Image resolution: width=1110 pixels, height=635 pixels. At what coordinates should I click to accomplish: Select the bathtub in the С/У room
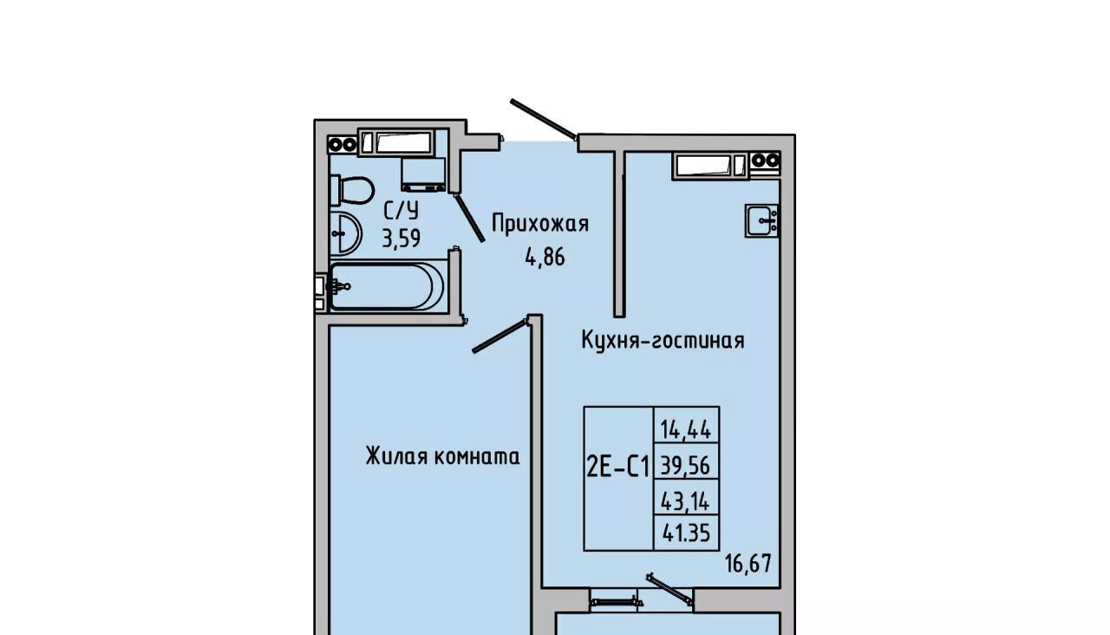pyautogui.click(x=387, y=286)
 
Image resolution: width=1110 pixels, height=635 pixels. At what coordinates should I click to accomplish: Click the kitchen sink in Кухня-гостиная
pyautogui.click(x=761, y=220)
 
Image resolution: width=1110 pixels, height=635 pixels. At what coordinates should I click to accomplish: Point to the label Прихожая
pyautogui.click(x=540, y=224)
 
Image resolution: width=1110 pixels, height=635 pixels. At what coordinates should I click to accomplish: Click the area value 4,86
pyautogui.click(x=545, y=258)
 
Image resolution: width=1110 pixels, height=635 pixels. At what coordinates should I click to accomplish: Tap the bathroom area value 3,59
pyautogui.click(x=401, y=239)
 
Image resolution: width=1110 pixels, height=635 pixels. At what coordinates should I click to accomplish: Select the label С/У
pyautogui.click(x=402, y=211)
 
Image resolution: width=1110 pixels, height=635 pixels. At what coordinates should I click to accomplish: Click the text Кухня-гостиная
pyautogui.click(x=663, y=341)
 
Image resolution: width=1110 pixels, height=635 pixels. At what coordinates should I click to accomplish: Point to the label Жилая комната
pyautogui.click(x=443, y=456)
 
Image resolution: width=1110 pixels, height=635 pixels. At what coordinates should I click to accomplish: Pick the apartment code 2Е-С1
pyautogui.click(x=618, y=468)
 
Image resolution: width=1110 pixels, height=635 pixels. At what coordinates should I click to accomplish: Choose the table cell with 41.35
pyautogui.click(x=686, y=534)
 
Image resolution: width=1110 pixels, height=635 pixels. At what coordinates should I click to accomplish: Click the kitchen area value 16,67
pyautogui.click(x=748, y=564)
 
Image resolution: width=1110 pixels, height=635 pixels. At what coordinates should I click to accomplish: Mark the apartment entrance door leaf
pyautogui.click(x=544, y=120)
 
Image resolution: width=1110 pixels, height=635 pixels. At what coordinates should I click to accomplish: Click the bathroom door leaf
pyautogui.click(x=469, y=218)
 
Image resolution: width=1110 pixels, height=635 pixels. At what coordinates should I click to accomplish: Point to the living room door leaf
pyautogui.click(x=499, y=337)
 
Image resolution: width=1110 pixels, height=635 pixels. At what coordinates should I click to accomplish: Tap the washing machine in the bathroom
pyautogui.click(x=423, y=174)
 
